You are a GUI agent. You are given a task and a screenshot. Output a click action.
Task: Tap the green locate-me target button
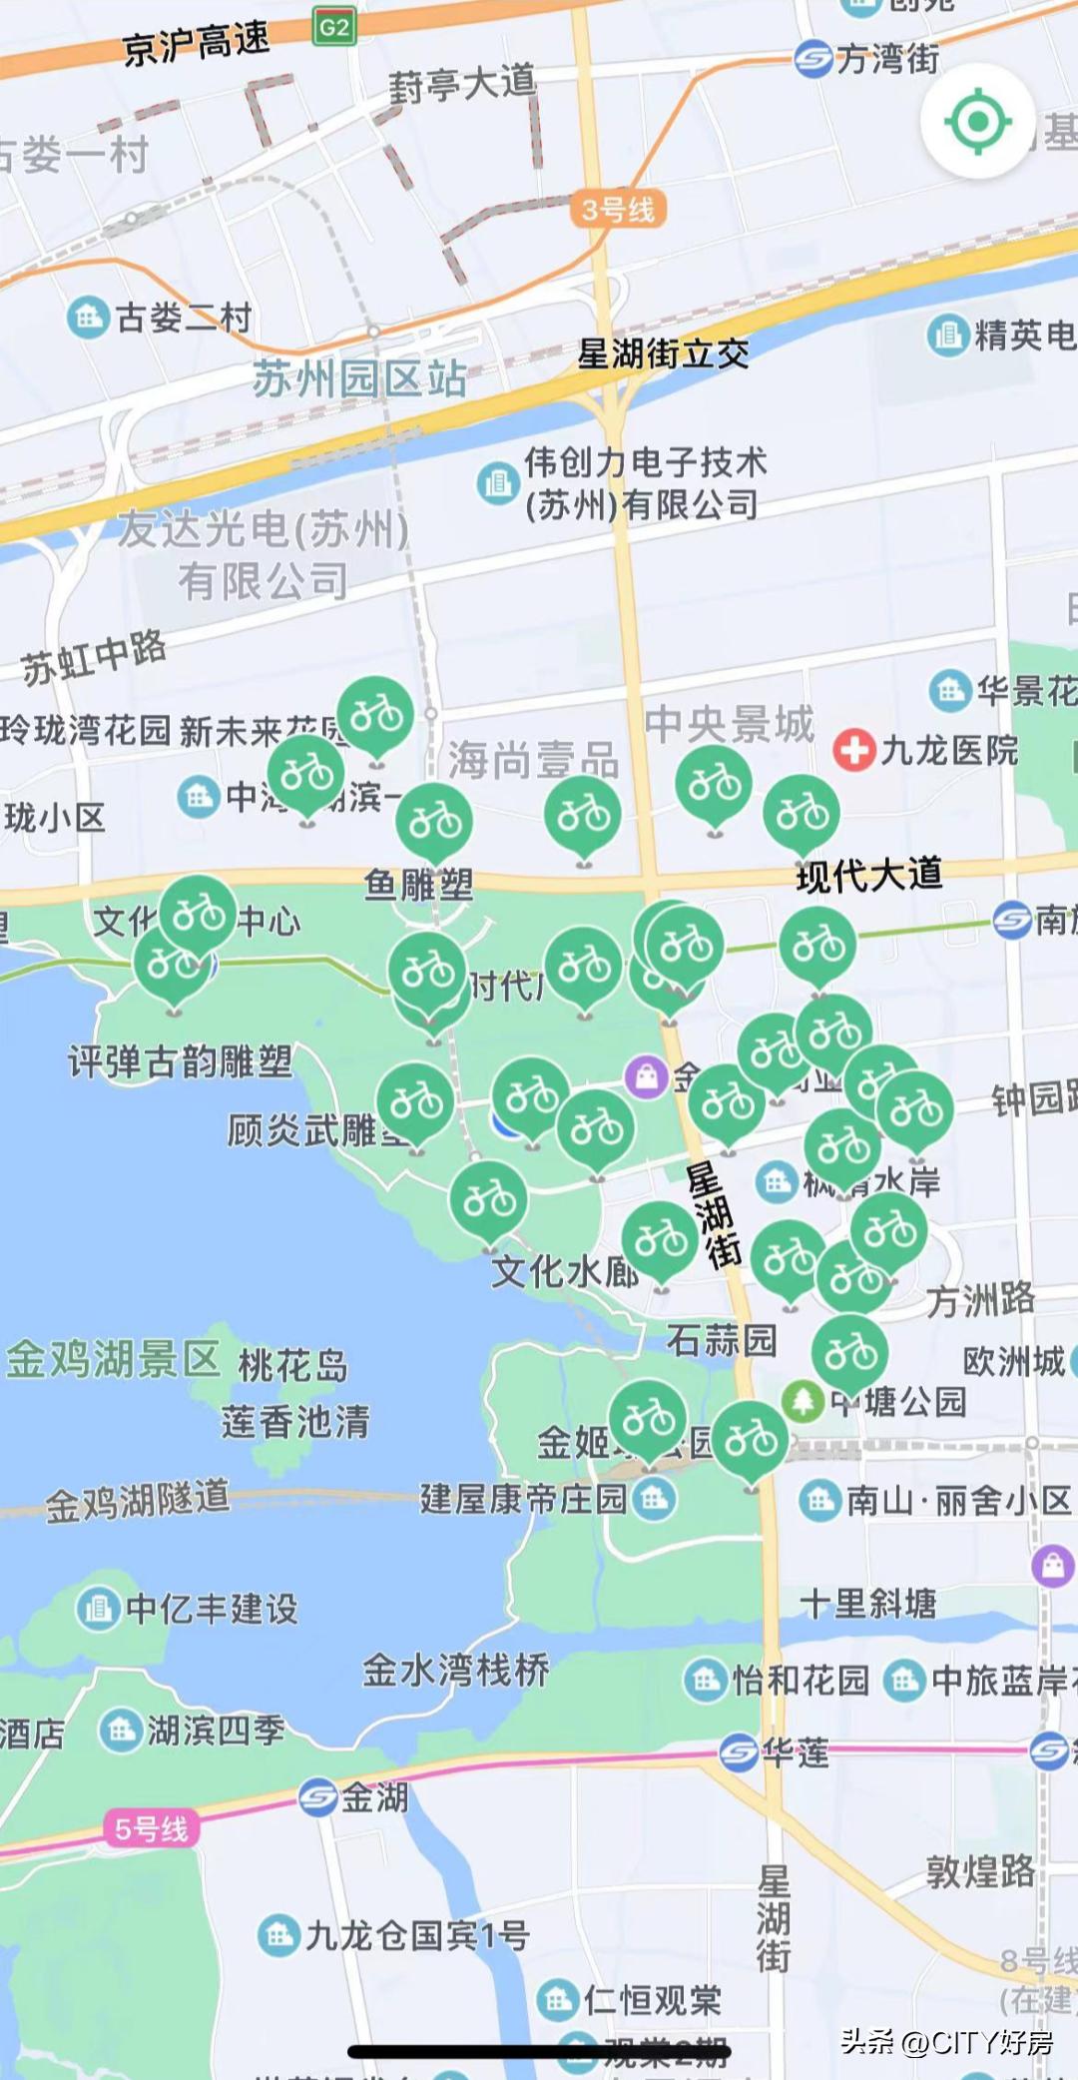point(976,122)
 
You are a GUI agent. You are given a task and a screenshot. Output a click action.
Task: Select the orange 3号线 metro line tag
point(618,209)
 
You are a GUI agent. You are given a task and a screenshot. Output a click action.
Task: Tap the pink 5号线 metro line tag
point(151,1828)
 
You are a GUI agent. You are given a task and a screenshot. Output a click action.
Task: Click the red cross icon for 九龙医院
point(853,749)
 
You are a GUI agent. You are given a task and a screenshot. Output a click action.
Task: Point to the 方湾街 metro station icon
point(813,59)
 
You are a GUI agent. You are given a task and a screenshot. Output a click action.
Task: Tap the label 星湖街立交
point(663,353)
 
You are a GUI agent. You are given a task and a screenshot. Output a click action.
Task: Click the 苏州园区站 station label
point(359,379)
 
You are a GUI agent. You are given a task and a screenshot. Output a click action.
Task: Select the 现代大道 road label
point(869,875)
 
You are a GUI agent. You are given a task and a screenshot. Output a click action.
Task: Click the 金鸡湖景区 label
point(113,1359)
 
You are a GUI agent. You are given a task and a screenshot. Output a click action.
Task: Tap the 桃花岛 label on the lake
point(292,1365)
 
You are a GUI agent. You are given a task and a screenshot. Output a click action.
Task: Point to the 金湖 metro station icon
point(317,1797)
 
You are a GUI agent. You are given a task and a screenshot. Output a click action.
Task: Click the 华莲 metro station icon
point(739,1751)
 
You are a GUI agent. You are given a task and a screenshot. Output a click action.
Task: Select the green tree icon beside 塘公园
point(803,1400)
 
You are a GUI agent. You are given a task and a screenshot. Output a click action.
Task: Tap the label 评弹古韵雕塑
point(180,1061)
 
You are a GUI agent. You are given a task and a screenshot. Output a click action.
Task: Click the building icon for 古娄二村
point(88,318)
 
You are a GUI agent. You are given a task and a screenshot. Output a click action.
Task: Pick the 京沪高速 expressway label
point(196,44)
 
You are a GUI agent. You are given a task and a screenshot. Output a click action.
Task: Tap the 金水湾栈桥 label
point(455,1670)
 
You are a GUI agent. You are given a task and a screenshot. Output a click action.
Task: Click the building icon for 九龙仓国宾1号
point(278,1935)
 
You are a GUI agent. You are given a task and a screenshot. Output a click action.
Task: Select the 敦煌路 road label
point(980,1870)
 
